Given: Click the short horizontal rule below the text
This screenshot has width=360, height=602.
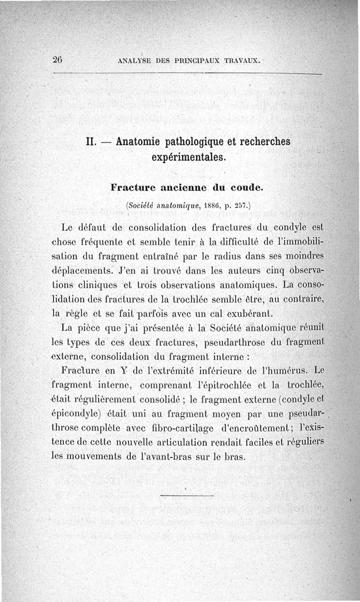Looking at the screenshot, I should click(186, 496).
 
